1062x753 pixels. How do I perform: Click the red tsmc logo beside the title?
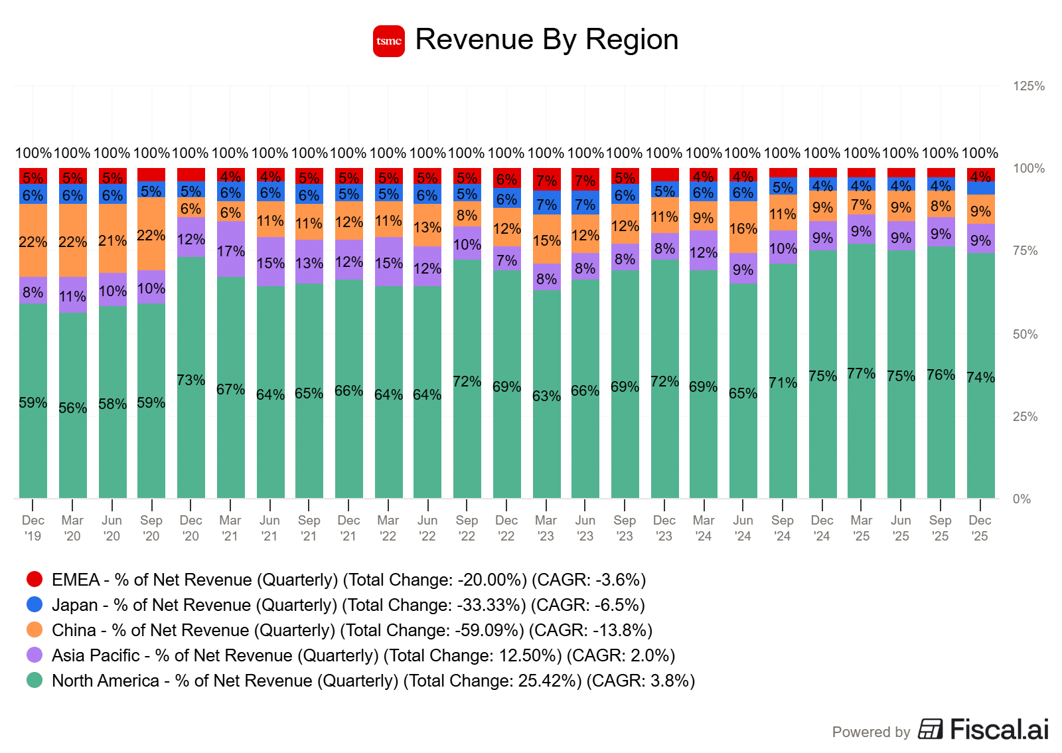[x=388, y=41]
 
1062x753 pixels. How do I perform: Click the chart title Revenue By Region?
[x=546, y=40]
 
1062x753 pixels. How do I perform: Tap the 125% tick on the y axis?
[x=1028, y=86]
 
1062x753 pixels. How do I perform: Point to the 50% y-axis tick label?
[x=1025, y=334]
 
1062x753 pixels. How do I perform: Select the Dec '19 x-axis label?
[x=33, y=528]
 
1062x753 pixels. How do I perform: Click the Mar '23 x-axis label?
[x=546, y=528]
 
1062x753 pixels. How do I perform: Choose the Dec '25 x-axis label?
[x=980, y=528]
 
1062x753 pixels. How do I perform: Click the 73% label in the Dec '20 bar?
[x=190, y=380]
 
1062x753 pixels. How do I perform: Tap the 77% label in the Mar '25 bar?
[x=861, y=373]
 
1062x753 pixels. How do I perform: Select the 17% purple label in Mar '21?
[x=230, y=251]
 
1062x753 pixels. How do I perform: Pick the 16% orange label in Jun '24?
[x=743, y=228]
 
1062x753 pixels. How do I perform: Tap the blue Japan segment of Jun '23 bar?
[x=585, y=204]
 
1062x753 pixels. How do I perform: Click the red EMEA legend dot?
[x=35, y=579]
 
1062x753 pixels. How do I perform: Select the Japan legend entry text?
[x=348, y=605]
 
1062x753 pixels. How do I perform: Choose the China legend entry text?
[x=352, y=630]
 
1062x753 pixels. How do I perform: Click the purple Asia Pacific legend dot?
[x=35, y=655]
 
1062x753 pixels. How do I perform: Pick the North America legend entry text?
[x=373, y=681]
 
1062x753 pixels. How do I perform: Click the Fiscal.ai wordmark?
[x=999, y=729]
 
